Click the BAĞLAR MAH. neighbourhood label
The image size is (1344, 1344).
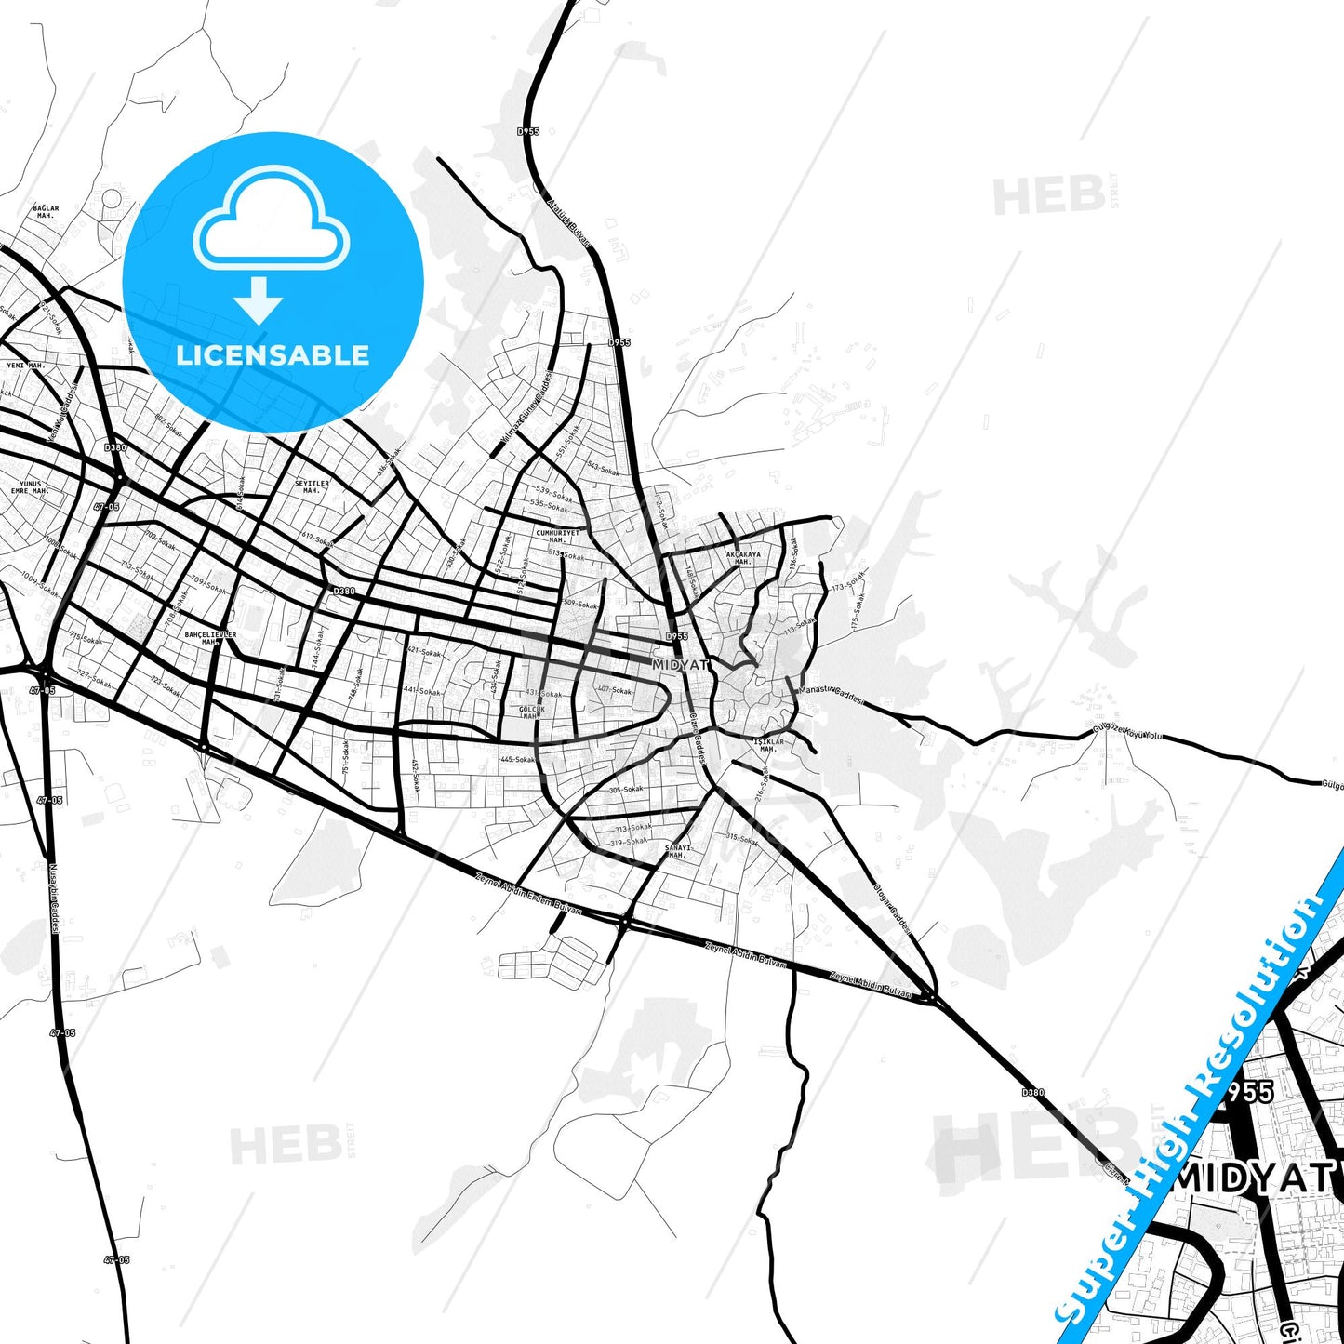pyautogui.click(x=46, y=212)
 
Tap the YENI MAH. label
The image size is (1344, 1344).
pyautogui.click(x=26, y=366)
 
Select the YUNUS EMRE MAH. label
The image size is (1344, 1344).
pyautogui.click(x=31, y=487)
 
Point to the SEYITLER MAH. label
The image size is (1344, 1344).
pyautogui.click(x=312, y=486)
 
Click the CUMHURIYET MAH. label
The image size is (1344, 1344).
pyautogui.click(x=557, y=537)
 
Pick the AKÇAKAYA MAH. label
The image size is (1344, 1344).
pyautogui.click(x=743, y=558)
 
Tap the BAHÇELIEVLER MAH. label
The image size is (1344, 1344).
pyautogui.click(x=210, y=638)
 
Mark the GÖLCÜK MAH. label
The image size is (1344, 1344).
pyautogui.click(x=530, y=712)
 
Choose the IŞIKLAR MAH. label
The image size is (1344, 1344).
pyautogui.click(x=768, y=745)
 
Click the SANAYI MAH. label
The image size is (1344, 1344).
pyautogui.click(x=678, y=851)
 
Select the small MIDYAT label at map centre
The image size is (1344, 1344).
pyautogui.click(x=680, y=665)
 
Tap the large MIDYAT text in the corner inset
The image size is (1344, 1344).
pyautogui.click(x=1256, y=1179)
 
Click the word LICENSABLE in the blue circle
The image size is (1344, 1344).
pyautogui.click(x=273, y=355)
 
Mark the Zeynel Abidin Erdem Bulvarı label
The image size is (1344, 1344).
pyautogui.click(x=528, y=891)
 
